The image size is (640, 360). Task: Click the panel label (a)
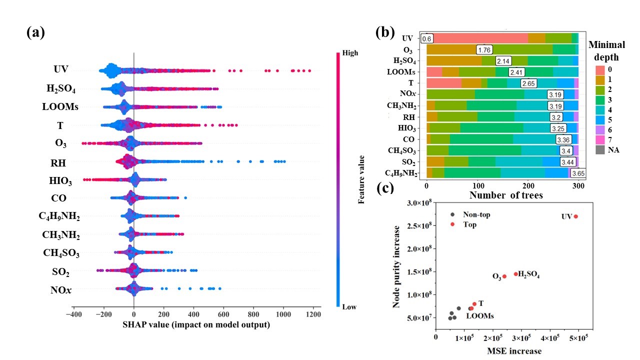pyautogui.click(x=35, y=33)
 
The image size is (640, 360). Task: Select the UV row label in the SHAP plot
pyautogui.click(x=61, y=69)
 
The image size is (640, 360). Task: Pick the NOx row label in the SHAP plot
pyautogui.click(x=60, y=289)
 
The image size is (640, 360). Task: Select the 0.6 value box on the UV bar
pyautogui.click(x=426, y=38)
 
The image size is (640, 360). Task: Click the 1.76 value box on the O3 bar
pyautogui.click(x=485, y=49)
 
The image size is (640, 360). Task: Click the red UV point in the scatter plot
pyautogui.click(x=576, y=216)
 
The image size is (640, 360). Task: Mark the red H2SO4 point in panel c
pyautogui.click(x=515, y=274)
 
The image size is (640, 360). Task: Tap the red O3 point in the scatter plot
pyautogui.click(x=504, y=276)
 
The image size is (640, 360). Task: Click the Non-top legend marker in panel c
pyautogui.click(x=452, y=214)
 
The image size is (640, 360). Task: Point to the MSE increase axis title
pyautogui.click(x=514, y=351)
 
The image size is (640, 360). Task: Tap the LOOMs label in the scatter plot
pyautogui.click(x=480, y=316)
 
